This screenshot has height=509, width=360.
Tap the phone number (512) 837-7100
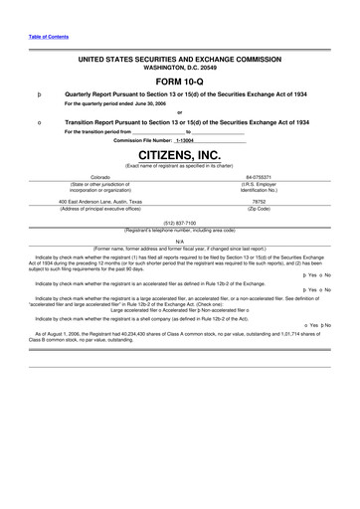pyautogui.click(x=180, y=224)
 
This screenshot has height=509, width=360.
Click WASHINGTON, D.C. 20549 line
pyautogui.click(x=180, y=68)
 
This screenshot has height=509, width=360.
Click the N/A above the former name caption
pyautogui.click(x=180, y=240)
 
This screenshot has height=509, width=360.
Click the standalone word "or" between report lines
pyautogui.click(x=180, y=112)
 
